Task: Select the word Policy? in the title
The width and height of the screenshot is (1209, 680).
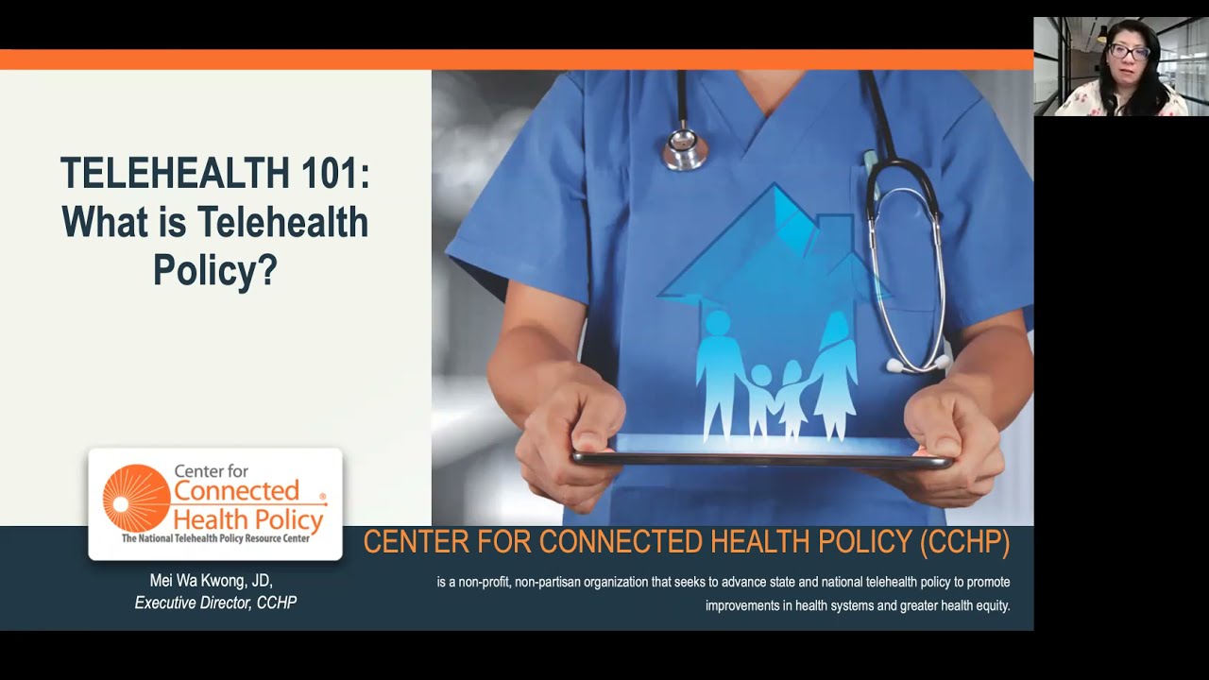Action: [x=215, y=270]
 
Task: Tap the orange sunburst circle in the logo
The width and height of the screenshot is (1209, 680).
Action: [x=136, y=497]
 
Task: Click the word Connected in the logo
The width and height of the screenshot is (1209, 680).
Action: [x=236, y=491]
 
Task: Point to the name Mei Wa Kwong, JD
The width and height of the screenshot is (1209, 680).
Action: [x=211, y=580]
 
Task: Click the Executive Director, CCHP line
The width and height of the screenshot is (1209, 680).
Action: [x=215, y=603]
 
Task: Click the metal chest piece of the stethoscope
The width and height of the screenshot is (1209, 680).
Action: [x=684, y=148]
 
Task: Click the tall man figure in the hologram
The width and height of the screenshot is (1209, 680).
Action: [x=720, y=373]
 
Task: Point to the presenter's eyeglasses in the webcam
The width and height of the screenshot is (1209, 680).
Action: [x=1129, y=52]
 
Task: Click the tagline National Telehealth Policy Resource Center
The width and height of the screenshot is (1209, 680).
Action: [x=215, y=538]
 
